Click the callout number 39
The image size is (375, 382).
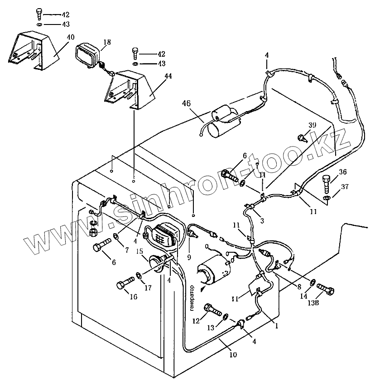click(x=312, y=126)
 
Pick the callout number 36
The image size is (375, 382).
click(x=343, y=171)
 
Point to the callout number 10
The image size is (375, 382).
click(x=233, y=355)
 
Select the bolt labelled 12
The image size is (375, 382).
click(x=212, y=311)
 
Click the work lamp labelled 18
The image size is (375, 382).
click(x=87, y=53)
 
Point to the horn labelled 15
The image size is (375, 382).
click(x=157, y=264)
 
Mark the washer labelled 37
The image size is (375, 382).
click(x=327, y=198)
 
